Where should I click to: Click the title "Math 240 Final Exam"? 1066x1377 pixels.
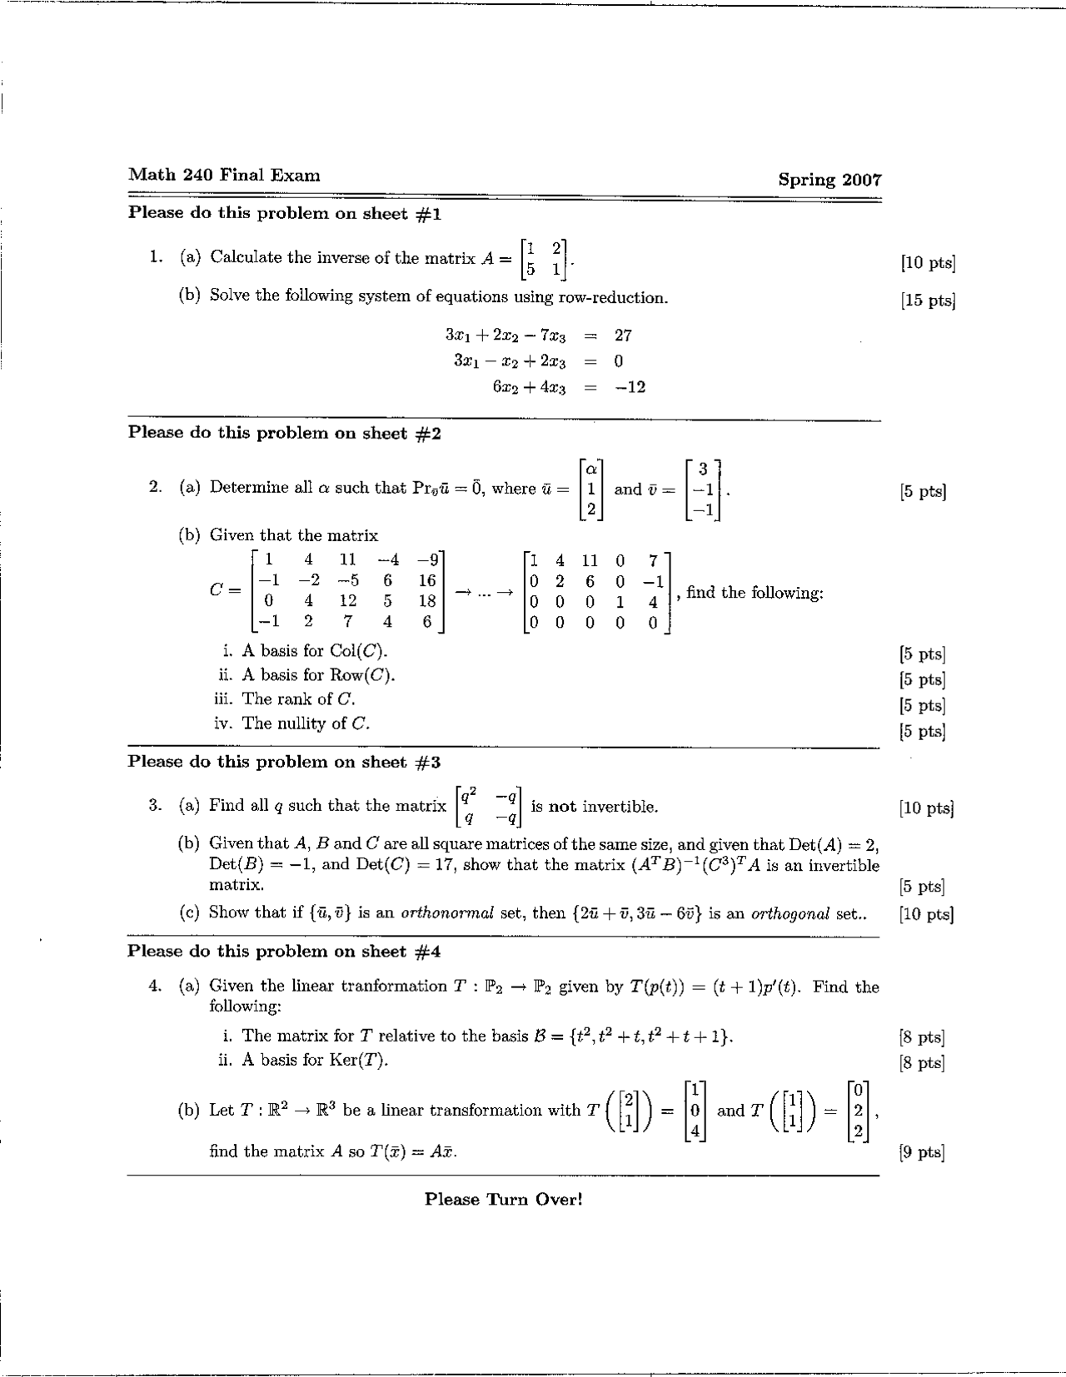pyautogui.click(x=224, y=175)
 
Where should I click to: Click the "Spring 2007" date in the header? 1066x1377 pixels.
pyautogui.click(x=829, y=180)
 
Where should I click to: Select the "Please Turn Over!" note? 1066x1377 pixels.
pyautogui.click(x=503, y=1199)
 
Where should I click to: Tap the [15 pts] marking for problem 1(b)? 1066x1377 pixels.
pyautogui.click(x=928, y=301)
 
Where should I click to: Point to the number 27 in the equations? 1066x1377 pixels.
pyautogui.click(x=623, y=336)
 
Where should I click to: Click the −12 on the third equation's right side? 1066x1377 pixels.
pyautogui.click(x=630, y=387)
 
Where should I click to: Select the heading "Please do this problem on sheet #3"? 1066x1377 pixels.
pyautogui.click(x=284, y=762)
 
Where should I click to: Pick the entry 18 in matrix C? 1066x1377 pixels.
pyautogui.click(x=427, y=600)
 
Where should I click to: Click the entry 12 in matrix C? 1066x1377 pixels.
pyautogui.click(x=347, y=600)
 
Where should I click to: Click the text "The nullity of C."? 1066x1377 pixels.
pyautogui.click(x=305, y=723)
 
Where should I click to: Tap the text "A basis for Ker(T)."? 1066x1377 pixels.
pyautogui.click(x=315, y=1060)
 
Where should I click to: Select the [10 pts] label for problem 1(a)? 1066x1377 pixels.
pyautogui.click(x=928, y=263)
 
